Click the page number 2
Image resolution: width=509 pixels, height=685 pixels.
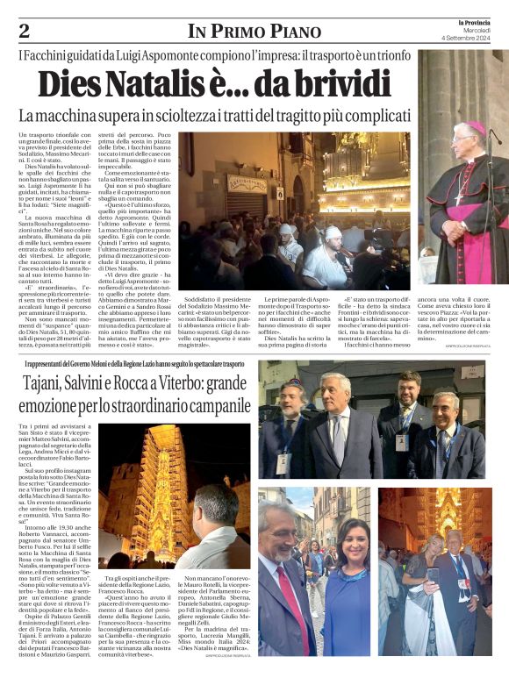point(24,32)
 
